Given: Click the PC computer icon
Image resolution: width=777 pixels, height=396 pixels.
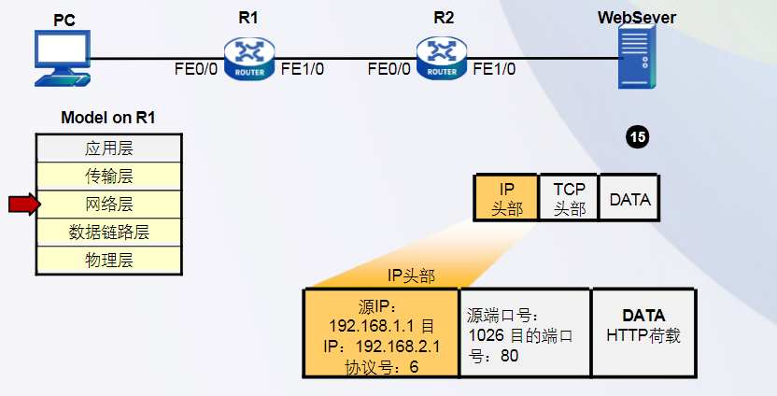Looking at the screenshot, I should coord(62,59).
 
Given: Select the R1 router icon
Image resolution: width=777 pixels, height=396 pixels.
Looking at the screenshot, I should coord(249,58).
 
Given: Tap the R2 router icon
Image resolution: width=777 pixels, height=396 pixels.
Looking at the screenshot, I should coord(442,58).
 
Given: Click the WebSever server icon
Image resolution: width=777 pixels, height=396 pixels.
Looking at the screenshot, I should coord(637,56).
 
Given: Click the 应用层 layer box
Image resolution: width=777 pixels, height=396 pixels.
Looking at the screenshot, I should coord(108,148).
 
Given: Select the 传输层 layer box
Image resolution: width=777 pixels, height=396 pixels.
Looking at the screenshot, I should coord(108,176).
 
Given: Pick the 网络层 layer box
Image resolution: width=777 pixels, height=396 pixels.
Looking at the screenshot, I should coord(108,204).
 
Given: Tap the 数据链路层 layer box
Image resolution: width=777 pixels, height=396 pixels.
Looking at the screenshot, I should coord(108,232).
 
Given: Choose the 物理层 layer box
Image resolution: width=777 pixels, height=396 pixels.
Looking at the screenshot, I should coord(108,260).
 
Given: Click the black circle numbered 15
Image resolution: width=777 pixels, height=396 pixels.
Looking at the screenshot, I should coord(638,137).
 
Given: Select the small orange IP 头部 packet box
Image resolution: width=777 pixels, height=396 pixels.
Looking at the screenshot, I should coord(506,198).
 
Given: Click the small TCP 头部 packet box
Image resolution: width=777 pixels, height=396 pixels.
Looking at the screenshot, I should coord(569,198).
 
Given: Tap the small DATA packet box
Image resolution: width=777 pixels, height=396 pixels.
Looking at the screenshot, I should coord(629,198).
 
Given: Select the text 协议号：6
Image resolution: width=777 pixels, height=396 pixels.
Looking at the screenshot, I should coord(381,366).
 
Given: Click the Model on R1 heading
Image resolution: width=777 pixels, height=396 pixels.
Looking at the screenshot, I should coord(108,118).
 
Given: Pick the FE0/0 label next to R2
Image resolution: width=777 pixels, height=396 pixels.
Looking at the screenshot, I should coord(388,69).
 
